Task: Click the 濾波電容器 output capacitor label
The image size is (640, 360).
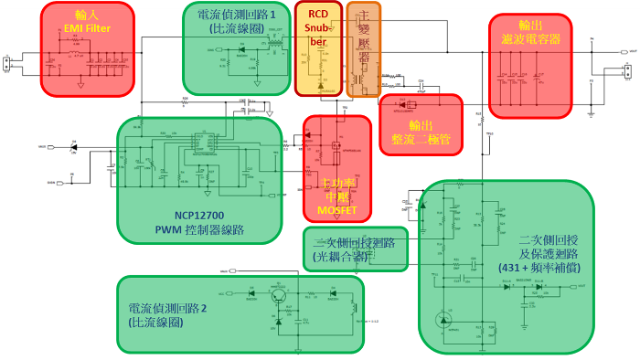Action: (531, 40)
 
